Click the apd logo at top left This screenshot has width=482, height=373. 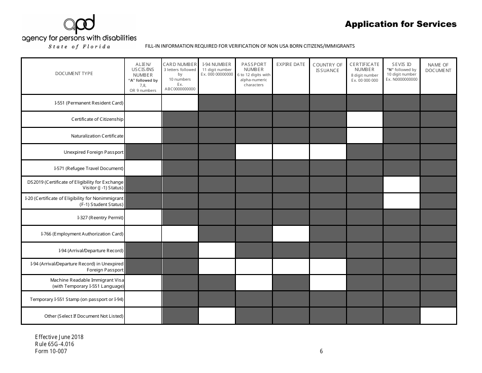(79, 24)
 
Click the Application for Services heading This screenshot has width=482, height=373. (400, 24)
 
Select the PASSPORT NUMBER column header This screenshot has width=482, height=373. (254, 75)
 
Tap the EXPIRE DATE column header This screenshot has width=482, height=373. (291, 64)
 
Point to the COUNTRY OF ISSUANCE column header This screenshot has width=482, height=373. (327, 67)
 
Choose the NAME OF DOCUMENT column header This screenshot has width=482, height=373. (438, 67)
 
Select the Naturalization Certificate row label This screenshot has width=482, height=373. (97, 136)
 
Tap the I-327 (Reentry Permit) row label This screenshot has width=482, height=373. (100, 218)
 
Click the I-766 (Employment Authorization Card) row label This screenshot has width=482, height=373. (82, 234)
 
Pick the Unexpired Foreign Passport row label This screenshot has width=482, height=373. (94, 152)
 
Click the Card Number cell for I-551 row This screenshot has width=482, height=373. (180, 103)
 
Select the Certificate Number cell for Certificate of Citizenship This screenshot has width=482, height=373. (364, 119)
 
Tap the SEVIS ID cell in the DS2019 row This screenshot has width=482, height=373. (401, 185)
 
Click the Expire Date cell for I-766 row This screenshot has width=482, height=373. (291, 234)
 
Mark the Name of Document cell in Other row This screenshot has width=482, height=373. (438, 316)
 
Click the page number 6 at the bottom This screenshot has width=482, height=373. (321, 351)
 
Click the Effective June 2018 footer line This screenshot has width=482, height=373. (59, 337)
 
